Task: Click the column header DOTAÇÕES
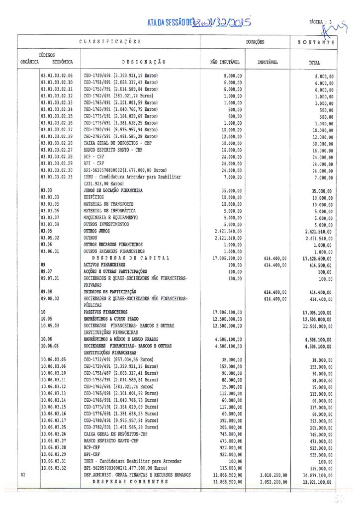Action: pyautogui.click(x=253, y=42)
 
